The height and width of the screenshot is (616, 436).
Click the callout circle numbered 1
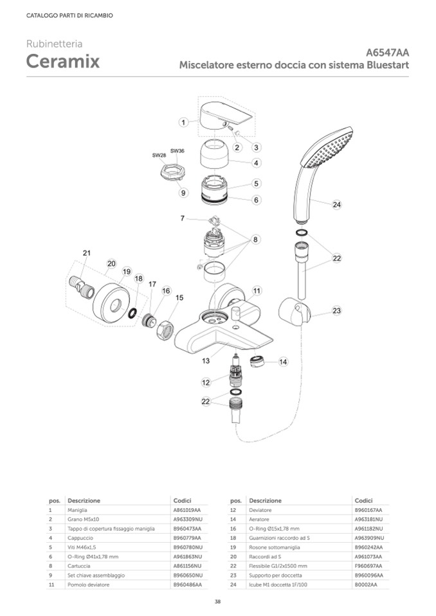[x=184, y=121]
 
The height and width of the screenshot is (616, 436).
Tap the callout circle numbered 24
[x=337, y=205]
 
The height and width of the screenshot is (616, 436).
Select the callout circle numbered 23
[x=336, y=310]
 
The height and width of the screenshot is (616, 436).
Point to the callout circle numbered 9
[x=183, y=192]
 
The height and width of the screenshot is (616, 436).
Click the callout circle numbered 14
[x=283, y=362]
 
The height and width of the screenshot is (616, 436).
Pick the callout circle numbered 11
[x=257, y=290]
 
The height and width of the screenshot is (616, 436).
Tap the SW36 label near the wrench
[x=177, y=150]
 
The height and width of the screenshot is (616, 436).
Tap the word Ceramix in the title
[x=63, y=62]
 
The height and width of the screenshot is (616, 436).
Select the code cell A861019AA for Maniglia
[x=187, y=509]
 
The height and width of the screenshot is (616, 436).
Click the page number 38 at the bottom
[x=218, y=601]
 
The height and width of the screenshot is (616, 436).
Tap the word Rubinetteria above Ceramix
[x=54, y=44]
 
